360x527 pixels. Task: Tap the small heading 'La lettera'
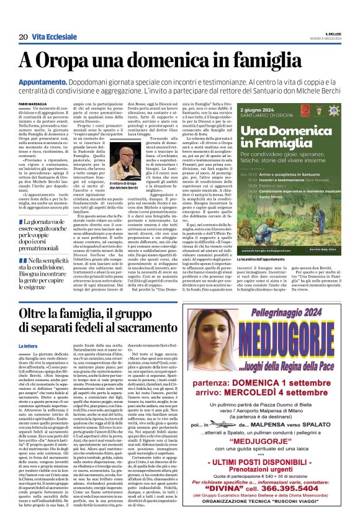tap(28, 345)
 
